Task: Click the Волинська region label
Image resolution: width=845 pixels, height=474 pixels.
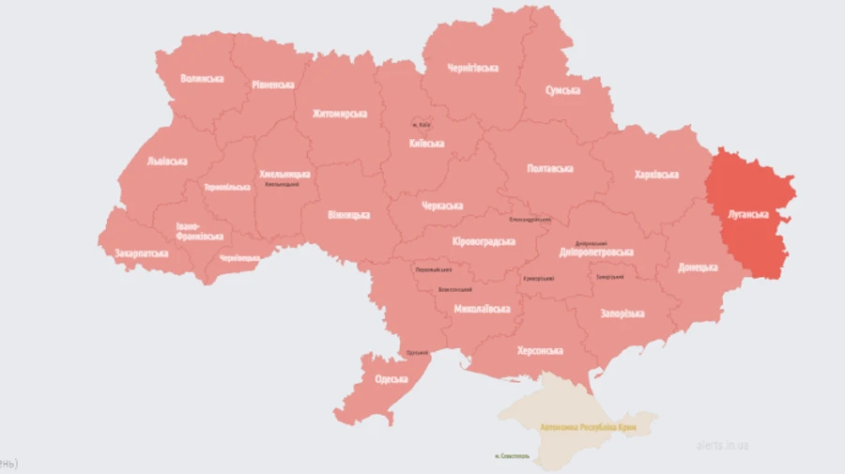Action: click(x=202, y=78)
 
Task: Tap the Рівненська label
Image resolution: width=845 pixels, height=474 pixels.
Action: click(x=272, y=84)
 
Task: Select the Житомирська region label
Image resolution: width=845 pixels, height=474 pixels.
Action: click(x=339, y=114)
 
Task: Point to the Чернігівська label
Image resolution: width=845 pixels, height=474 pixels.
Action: click(x=472, y=68)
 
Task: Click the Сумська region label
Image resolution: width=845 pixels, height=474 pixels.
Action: click(x=562, y=90)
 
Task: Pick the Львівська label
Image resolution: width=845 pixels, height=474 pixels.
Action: click(x=167, y=161)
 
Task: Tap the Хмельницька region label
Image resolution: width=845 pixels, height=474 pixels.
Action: click(x=284, y=174)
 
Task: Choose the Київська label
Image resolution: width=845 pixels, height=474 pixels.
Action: click(x=427, y=144)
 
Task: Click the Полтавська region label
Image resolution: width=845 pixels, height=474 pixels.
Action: click(x=549, y=168)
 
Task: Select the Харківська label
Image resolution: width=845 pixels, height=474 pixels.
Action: click(x=656, y=175)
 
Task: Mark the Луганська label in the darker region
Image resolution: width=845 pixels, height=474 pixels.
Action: click(x=748, y=213)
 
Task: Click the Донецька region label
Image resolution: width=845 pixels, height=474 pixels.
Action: click(x=698, y=268)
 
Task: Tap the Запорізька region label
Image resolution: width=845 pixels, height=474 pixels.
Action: click(x=622, y=313)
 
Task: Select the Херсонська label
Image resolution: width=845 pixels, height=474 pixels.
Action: click(x=540, y=350)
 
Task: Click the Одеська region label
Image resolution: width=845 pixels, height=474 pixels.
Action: click(x=391, y=379)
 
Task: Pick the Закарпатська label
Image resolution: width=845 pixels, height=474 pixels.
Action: click(x=142, y=253)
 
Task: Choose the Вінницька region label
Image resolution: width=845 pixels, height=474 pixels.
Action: click(x=348, y=215)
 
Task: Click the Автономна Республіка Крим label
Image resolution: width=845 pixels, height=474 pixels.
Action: click(x=580, y=425)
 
